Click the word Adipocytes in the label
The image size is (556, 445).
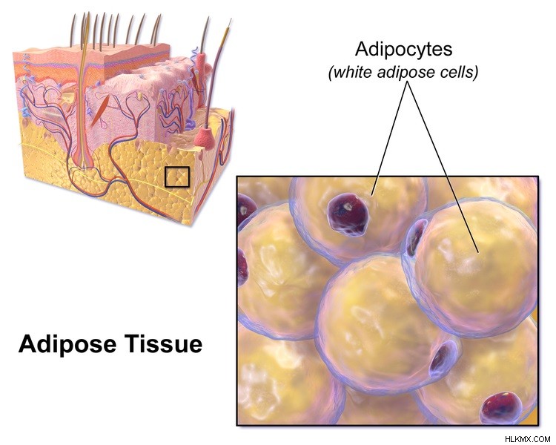tap(403, 50)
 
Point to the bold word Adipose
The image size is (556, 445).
tap(67, 345)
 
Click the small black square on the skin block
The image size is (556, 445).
tap(177, 177)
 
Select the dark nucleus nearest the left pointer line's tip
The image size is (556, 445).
tap(348, 214)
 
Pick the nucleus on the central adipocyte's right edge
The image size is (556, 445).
tap(441, 359)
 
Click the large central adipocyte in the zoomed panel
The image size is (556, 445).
tap(383, 323)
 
